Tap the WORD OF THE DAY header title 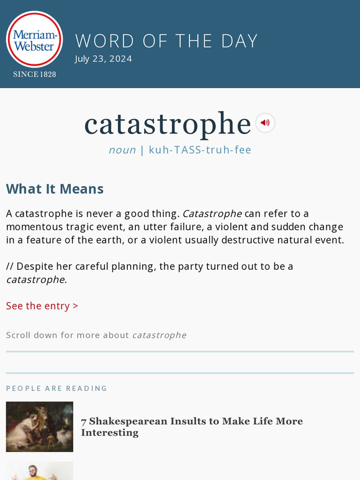tap(166, 41)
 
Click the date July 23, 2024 tap(103, 59)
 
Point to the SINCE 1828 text tap(34, 74)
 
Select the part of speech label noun tap(122, 150)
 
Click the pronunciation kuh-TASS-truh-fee tap(200, 150)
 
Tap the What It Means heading tap(55, 189)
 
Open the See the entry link tap(42, 306)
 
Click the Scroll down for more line tap(96, 335)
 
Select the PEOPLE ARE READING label tap(56, 388)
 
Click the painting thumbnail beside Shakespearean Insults tap(40, 427)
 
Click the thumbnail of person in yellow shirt tap(40, 471)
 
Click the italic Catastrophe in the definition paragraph tap(212, 214)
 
